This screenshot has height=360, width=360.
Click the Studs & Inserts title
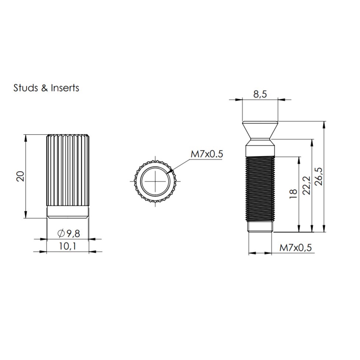point(46,88)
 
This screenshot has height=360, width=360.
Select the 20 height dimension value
point(21,176)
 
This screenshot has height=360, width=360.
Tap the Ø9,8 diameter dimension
point(69,233)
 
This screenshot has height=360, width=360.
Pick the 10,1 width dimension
point(67,246)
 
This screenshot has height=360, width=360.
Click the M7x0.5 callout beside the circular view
point(207,154)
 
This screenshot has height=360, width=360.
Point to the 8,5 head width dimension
point(260,94)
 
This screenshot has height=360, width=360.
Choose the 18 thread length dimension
point(293,194)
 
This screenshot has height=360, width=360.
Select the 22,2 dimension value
point(306,186)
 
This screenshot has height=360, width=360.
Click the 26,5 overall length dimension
point(319,176)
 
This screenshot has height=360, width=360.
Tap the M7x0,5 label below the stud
point(295,248)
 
